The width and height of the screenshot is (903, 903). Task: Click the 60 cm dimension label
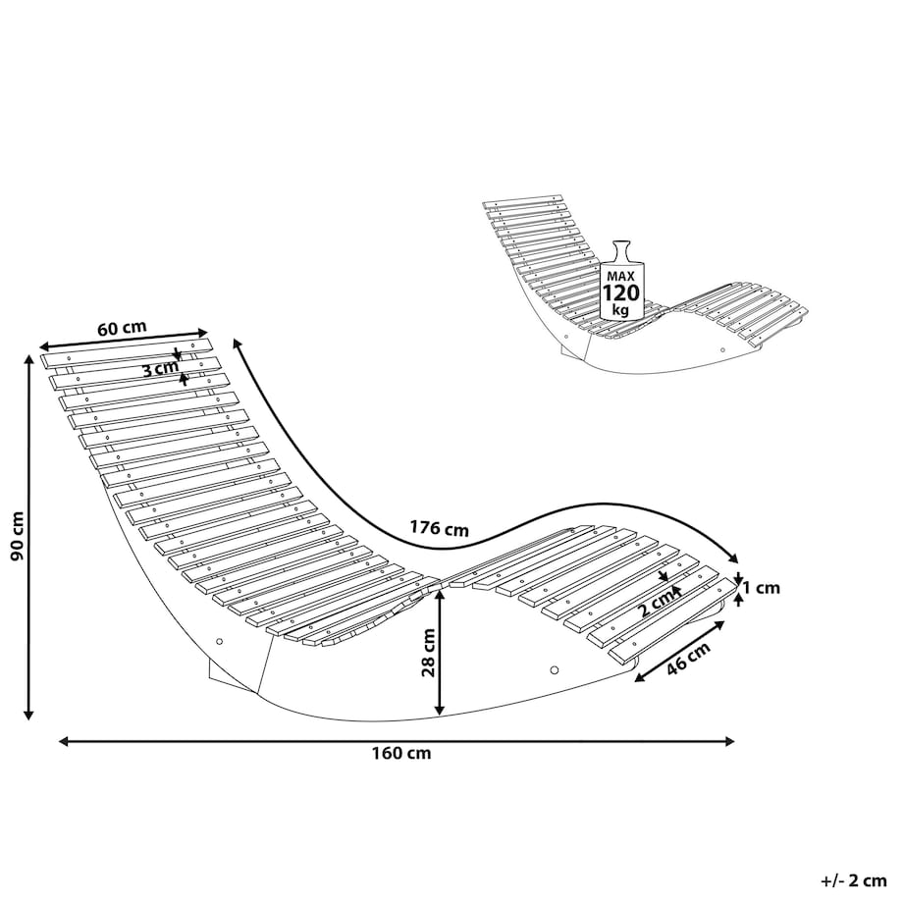tap(122, 328)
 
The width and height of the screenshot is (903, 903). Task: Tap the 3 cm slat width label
tap(160, 368)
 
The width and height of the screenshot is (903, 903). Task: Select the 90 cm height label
tap(17, 536)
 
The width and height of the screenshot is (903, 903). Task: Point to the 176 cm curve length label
tap(439, 527)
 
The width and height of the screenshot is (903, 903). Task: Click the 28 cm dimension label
tap(429, 653)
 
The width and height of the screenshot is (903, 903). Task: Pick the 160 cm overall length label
tap(401, 753)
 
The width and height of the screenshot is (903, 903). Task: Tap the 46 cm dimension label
tap(689, 658)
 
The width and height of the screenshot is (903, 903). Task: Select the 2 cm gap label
tap(657, 605)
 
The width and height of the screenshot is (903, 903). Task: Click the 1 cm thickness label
tap(761, 587)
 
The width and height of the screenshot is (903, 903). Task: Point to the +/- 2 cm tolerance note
tap(854, 880)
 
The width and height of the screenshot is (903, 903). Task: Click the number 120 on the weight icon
tap(620, 293)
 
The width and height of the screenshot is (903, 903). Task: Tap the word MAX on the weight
tap(620, 277)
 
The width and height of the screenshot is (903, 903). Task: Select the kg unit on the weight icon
tap(620, 310)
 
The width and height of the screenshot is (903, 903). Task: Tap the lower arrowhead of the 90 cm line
tap(27, 714)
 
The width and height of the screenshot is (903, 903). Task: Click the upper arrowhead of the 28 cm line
tap(440, 596)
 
